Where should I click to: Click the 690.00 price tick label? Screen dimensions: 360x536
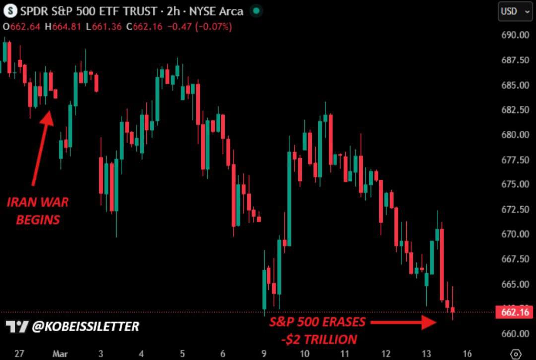[x=514, y=35]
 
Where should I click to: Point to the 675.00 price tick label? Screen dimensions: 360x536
[x=514, y=184]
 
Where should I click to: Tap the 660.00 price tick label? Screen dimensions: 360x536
[x=514, y=333]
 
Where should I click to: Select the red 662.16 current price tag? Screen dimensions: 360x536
[x=514, y=312]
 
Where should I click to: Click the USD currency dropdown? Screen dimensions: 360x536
[x=515, y=11]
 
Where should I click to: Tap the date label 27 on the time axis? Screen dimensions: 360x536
[x=19, y=354]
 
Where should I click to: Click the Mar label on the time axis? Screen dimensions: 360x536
[x=60, y=354]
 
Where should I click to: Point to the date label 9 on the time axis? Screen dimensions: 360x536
[x=264, y=354]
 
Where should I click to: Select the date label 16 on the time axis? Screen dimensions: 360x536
[x=467, y=354]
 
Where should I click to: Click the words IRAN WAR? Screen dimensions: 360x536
[x=38, y=202]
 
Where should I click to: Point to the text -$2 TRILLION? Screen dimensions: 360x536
[x=318, y=340]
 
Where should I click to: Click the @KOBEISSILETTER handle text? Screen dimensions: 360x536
[x=85, y=326]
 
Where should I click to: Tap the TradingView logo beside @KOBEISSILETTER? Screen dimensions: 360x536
[x=17, y=326]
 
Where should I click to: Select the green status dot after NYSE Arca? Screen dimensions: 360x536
[x=256, y=11]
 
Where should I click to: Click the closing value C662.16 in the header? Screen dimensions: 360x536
[x=144, y=27]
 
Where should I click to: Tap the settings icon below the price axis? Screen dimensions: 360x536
[x=516, y=354]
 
